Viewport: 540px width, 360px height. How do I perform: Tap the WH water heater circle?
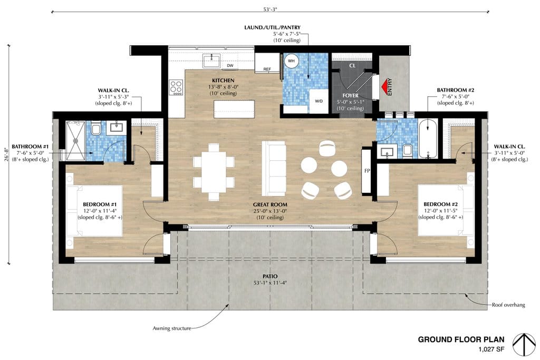pos(291,61)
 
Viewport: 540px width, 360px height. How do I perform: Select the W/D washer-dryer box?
pos(319,101)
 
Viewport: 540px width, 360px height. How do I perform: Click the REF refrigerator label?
pos(267,69)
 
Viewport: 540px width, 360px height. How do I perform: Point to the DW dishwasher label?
pos(230,66)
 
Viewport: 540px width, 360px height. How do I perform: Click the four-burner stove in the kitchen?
pos(176,87)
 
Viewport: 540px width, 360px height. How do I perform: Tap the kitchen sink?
pos(211,61)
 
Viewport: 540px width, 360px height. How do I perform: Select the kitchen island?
pos(234,109)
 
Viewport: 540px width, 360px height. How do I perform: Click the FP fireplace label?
pos(367,171)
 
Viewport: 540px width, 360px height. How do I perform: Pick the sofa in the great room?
pos(274,168)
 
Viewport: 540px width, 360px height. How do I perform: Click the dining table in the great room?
pos(214,172)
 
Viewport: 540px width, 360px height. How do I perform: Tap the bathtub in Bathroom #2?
pos(428,138)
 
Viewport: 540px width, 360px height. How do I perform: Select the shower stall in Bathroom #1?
pos(75,140)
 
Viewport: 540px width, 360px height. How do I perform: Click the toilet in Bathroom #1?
pos(96,129)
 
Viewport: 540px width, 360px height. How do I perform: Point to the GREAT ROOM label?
pos(270,205)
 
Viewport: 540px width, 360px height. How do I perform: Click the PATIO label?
pos(270,276)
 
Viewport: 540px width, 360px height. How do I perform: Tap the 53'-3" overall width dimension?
pos(270,9)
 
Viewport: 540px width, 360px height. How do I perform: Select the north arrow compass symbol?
pos(524,345)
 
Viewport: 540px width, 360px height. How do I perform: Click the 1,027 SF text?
pos(491,349)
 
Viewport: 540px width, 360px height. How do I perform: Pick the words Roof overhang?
pos(508,305)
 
